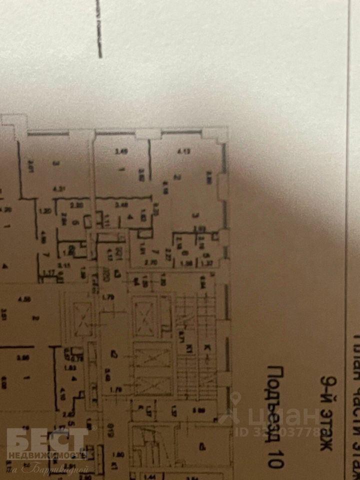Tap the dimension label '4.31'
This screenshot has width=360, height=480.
(59, 189)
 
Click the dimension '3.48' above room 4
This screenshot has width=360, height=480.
(120, 204)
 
